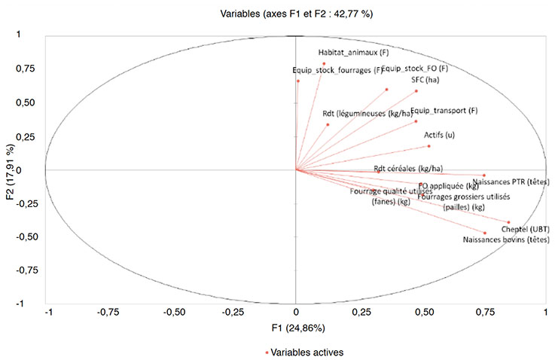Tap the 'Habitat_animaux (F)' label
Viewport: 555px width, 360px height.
(x=354, y=53)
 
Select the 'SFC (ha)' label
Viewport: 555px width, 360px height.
(x=425, y=80)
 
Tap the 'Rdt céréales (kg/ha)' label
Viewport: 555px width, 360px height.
(x=408, y=168)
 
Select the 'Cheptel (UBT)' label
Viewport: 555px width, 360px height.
(x=525, y=229)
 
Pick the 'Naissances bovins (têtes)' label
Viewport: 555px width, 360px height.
(x=506, y=239)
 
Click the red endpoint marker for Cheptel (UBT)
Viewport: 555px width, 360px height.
(x=509, y=221)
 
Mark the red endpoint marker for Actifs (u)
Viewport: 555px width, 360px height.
(x=428, y=145)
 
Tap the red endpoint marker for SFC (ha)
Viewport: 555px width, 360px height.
(x=416, y=91)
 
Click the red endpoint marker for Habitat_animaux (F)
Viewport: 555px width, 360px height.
(x=324, y=63)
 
